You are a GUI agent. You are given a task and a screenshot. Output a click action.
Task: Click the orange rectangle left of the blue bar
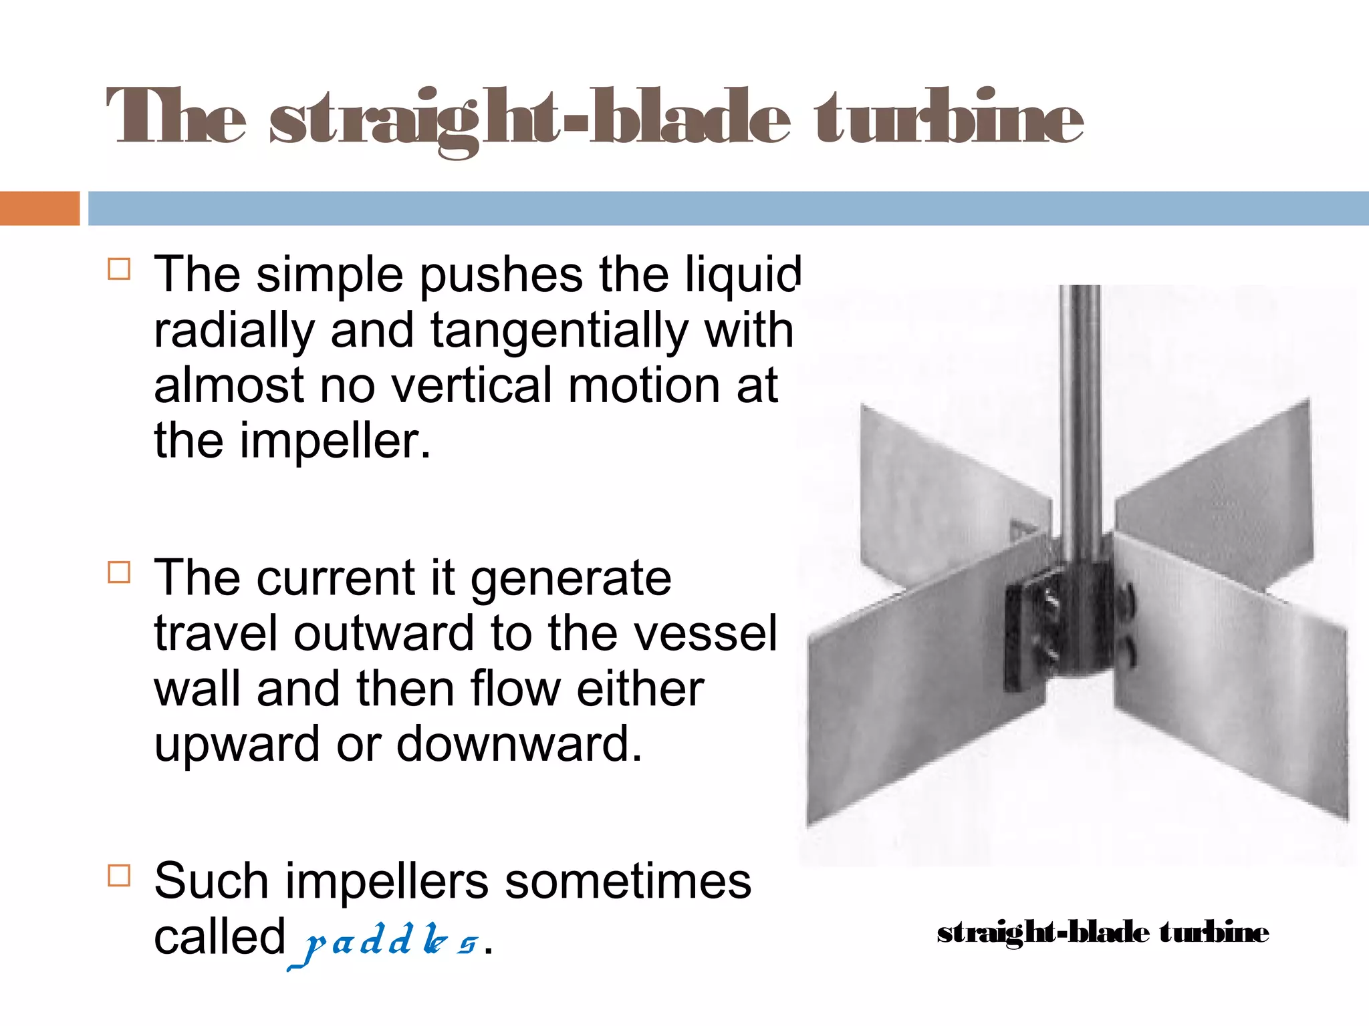pyautogui.click(x=39, y=208)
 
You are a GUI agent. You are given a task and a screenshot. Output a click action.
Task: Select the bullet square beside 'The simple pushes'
pyautogui.click(x=119, y=269)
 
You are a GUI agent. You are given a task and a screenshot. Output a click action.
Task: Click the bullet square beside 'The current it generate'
pyautogui.click(x=119, y=572)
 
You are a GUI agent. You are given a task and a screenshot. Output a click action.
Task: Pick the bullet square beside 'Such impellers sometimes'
pyautogui.click(x=119, y=875)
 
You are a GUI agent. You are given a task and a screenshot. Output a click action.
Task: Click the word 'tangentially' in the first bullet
pyautogui.click(x=559, y=331)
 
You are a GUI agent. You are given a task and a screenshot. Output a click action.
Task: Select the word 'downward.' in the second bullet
pyautogui.click(x=519, y=743)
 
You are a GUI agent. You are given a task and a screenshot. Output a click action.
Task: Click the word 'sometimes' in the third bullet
pyautogui.click(x=628, y=881)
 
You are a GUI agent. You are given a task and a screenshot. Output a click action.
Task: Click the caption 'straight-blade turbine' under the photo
pyautogui.click(x=1102, y=932)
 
